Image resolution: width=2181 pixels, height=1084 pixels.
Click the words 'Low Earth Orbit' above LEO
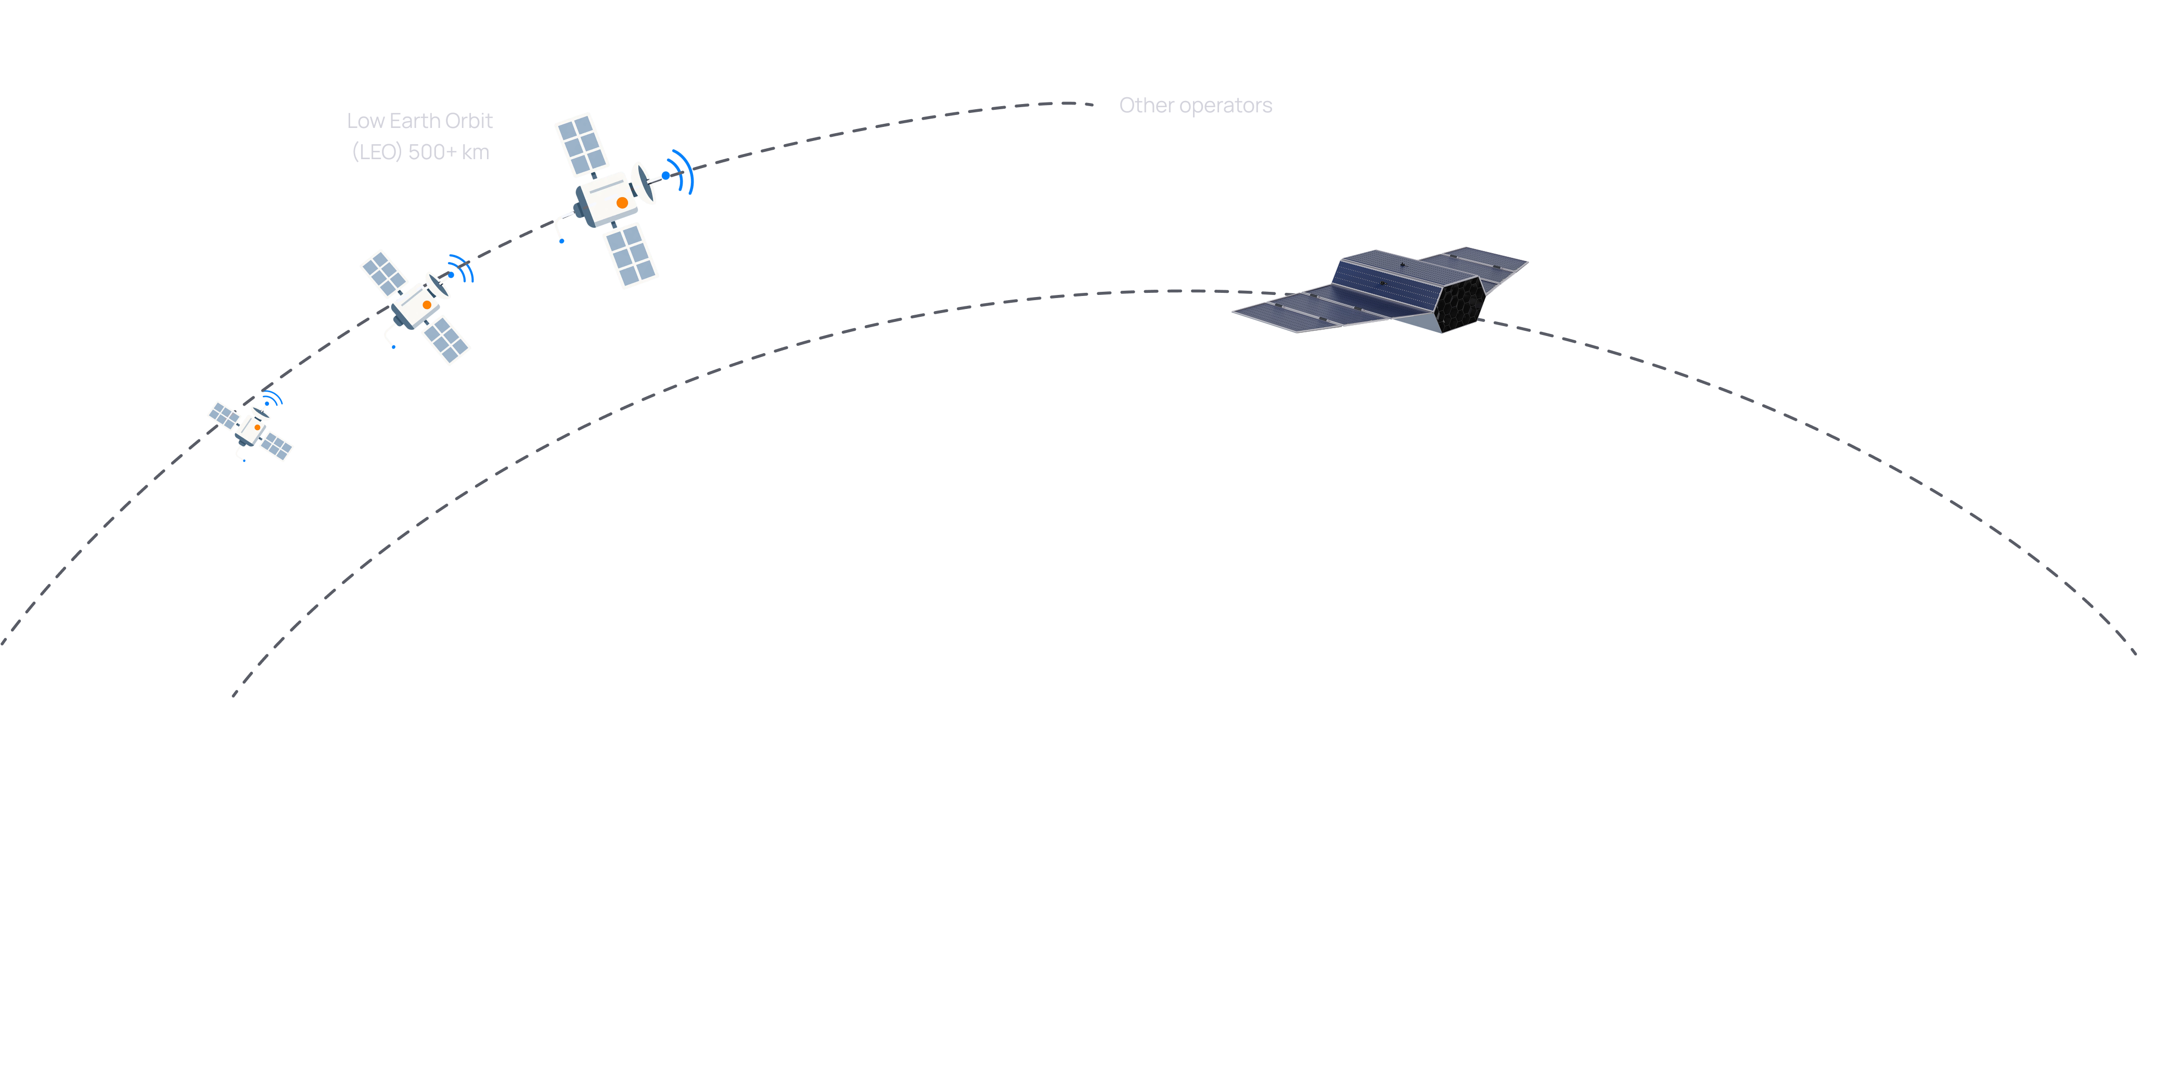click(x=419, y=121)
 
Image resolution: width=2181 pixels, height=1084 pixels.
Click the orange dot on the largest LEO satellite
click(x=622, y=203)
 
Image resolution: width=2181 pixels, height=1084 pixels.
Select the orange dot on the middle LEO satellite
click(x=427, y=305)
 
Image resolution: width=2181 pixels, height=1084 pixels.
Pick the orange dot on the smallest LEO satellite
click(x=258, y=428)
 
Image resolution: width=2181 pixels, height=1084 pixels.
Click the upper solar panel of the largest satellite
click(x=582, y=144)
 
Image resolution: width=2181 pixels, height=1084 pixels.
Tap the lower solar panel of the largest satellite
click(x=631, y=254)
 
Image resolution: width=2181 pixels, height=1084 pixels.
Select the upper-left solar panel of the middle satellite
click(x=383, y=273)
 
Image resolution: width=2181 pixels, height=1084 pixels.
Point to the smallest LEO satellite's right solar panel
click(x=276, y=446)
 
